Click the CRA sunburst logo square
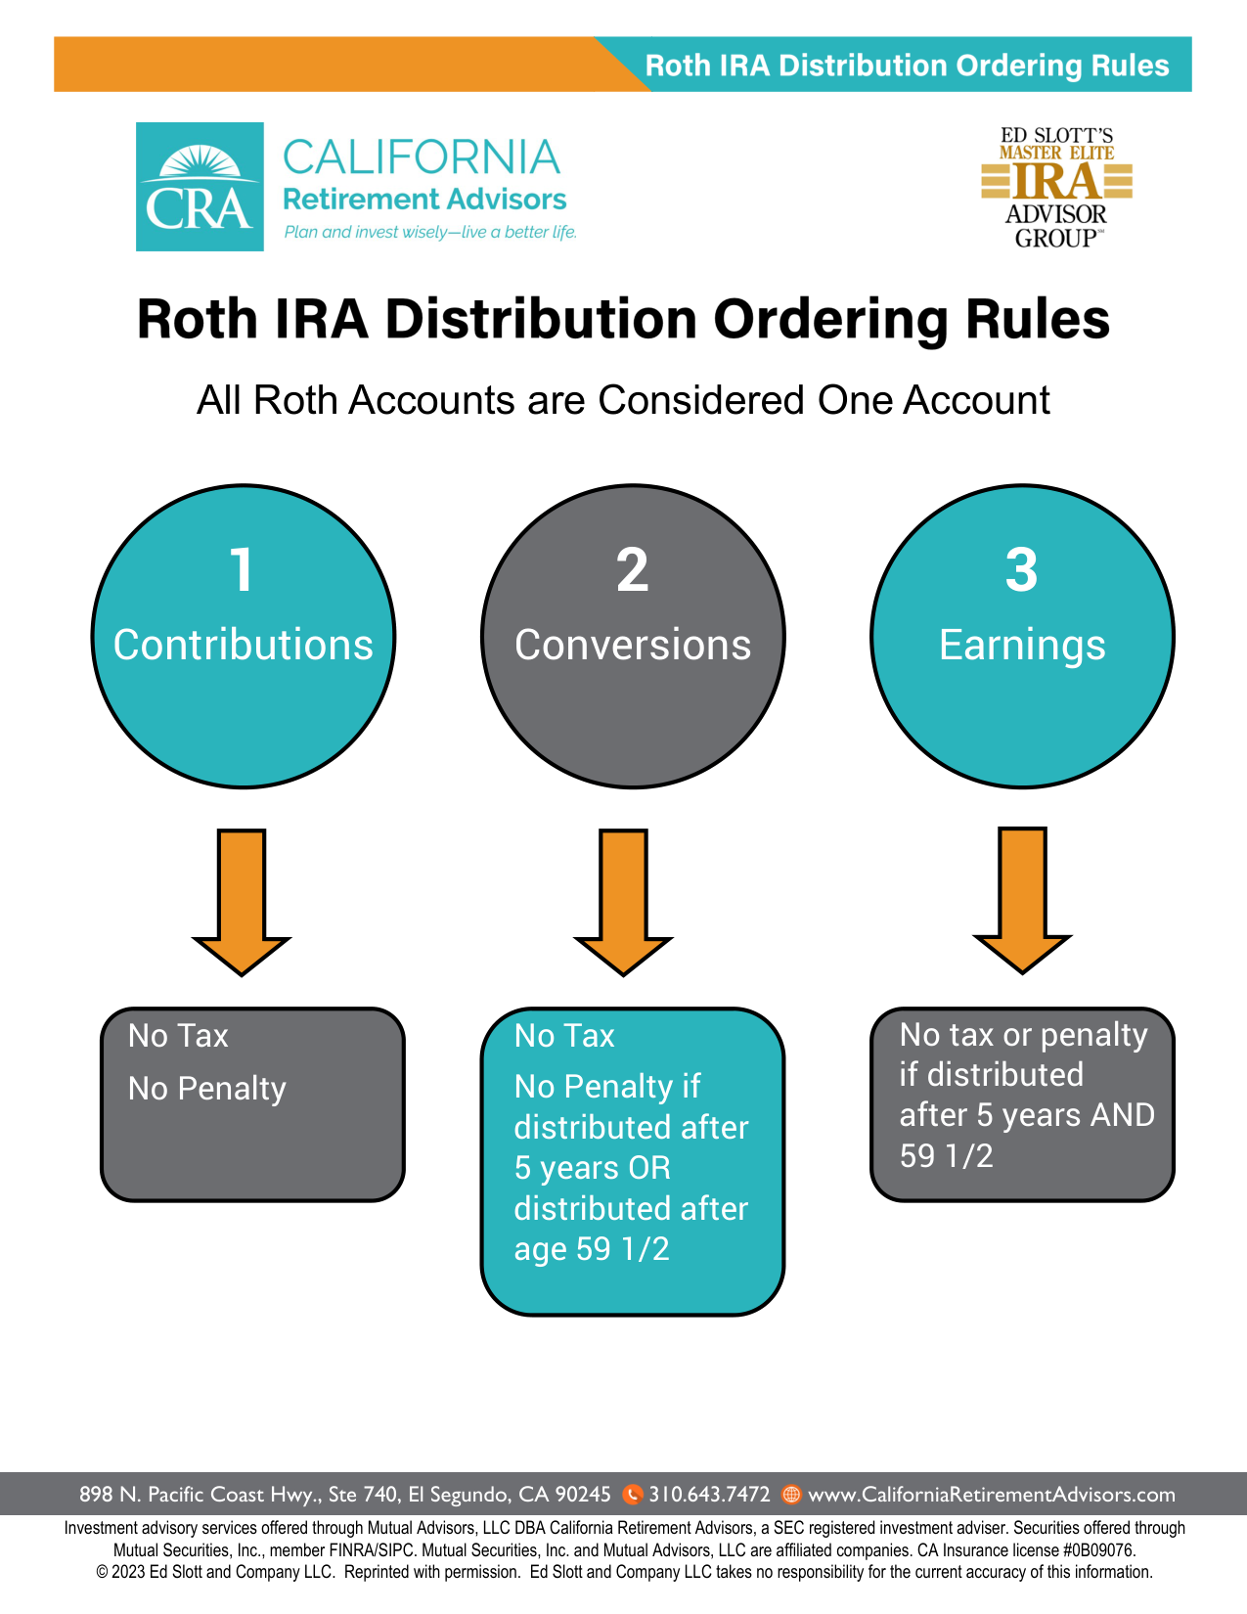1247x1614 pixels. click(200, 187)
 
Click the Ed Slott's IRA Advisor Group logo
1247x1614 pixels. click(1056, 187)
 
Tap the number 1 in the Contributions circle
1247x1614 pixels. click(242, 570)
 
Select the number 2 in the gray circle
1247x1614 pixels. click(633, 570)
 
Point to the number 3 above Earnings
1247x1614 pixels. click(1021, 570)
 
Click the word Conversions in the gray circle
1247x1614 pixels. click(633, 646)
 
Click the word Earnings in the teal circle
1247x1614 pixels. click(1022, 646)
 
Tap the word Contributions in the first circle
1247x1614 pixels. click(243, 646)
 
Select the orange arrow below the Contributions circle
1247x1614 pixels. click(242, 900)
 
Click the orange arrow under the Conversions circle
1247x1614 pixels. click(623, 900)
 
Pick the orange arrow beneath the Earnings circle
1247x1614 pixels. click(1022, 898)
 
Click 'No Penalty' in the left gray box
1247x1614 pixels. click(207, 1089)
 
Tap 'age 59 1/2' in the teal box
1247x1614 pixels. click(592, 1249)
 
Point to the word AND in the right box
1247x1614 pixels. click(1125, 1115)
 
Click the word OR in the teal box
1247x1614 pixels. click(649, 1168)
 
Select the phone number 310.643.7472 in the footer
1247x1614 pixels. click(709, 1495)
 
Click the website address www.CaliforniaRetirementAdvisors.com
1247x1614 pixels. click(992, 1495)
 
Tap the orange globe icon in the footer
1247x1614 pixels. click(792, 1495)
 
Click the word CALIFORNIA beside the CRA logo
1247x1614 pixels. click(421, 157)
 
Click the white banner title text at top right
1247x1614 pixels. click(907, 66)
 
